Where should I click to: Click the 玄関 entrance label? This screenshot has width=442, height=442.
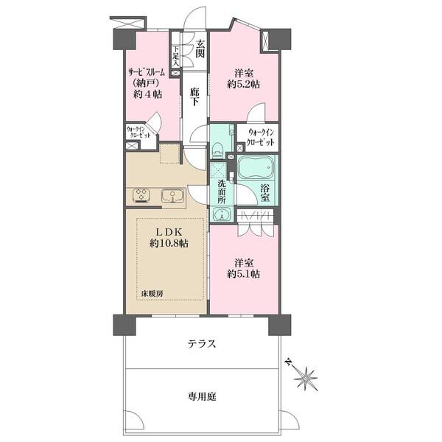[x=200, y=49]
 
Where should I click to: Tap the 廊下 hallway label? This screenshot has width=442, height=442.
[x=194, y=97]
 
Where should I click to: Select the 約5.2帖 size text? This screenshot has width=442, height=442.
[x=244, y=84]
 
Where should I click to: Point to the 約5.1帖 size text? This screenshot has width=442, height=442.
[x=244, y=274]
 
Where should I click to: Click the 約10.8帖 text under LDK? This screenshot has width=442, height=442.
[x=169, y=243]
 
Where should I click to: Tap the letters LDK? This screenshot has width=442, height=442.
[x=169, y=232]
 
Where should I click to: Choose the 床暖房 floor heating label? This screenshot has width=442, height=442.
[x=152, y=294]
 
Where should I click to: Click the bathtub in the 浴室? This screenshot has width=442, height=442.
[x=256, y=168]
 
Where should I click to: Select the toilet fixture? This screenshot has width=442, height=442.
[x=218, y=150]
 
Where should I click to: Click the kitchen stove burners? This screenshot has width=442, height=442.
[x=141, y=195]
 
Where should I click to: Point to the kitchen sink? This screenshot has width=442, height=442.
[x=172, y=196]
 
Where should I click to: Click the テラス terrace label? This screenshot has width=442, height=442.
[x=202, y=344]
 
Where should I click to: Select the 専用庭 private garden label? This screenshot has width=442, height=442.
[x=202, y=397]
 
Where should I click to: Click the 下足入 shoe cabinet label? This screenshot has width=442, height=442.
[x=176, y=57]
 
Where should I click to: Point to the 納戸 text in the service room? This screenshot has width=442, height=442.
[x=148, y=83]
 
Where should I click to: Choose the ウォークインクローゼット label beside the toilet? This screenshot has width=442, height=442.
[x=260, y=137]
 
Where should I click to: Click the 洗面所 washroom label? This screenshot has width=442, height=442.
[x=222, y=192]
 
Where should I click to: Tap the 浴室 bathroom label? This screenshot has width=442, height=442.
[x=264, y=193]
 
